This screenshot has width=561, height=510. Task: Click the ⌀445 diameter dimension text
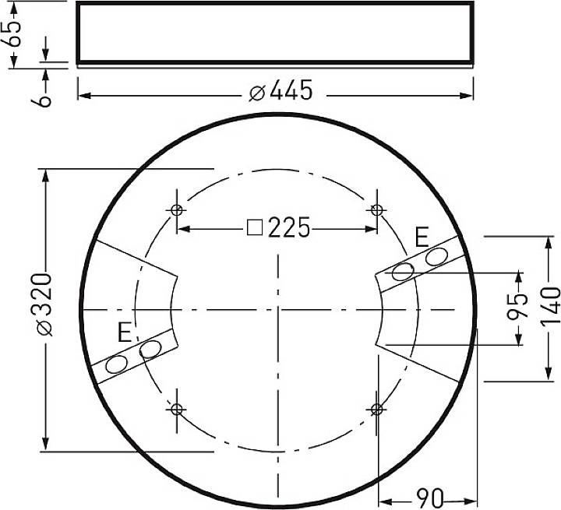(x=281, y=92)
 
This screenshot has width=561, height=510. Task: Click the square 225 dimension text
(x=278, y=228)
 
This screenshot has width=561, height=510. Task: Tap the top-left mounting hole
(x=178, y=209)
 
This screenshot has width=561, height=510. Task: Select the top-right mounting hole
(x=377, y=209)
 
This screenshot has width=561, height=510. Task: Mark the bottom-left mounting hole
(x=177, y=409)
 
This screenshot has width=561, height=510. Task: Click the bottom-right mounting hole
(x=377, y=409)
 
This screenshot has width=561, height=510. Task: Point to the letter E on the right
(x=422, y=237)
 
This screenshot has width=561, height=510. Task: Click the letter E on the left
(x=124, y=333)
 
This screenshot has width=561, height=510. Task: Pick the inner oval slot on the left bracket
(x=150, y=350)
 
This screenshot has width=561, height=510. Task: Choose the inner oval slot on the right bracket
(x=403, y=272)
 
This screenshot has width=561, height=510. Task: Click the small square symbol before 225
(x=254, y=228)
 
